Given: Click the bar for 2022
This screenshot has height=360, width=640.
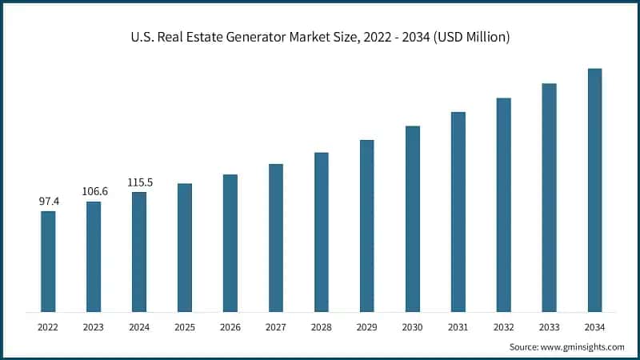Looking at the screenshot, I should coord(48,261).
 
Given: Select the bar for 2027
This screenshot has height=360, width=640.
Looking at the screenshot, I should coord(276,238).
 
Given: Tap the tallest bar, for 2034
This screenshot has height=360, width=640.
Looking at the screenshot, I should coord(594,190).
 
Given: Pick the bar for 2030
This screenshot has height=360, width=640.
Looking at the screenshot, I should coord(413,218).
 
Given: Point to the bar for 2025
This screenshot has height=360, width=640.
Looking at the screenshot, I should coord(185,247).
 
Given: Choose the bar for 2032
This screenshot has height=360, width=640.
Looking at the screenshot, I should coord(503,204).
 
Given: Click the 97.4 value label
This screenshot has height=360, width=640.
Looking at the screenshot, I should coord(50,202).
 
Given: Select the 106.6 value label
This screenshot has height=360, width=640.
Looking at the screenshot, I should coord(94,192).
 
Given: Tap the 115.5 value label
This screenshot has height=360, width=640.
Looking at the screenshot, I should coord(139,182).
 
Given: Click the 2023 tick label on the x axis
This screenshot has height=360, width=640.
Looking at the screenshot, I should coord(94,327).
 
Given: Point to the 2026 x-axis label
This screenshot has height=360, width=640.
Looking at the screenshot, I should coord(230,327).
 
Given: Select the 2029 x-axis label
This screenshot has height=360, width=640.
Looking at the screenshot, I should coord(367,327).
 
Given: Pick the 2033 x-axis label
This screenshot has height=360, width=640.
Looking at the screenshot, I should coord(549,327).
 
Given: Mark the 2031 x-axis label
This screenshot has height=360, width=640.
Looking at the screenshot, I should coord(458,327).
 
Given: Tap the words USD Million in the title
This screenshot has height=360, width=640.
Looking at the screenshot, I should coord(475,37).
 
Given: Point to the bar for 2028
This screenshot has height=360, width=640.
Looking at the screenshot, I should coord(322,231).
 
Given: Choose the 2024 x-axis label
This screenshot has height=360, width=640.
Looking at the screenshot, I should coord(139,327).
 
